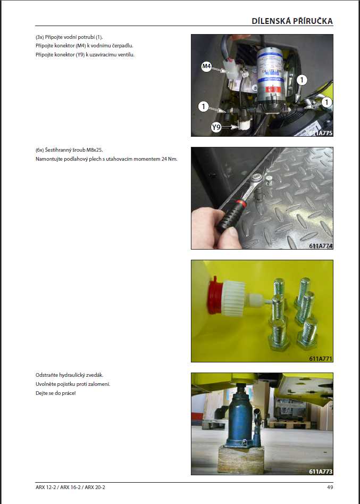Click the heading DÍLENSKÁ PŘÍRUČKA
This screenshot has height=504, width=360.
pyautogui.click(x=292, y=21)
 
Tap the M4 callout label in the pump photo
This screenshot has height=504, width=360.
pyautogui.click(x=206, y=67)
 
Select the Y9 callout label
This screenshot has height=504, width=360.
pyautogui.click(x=216, y=127)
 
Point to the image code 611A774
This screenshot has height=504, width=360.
pyautogui.click(x=321, y=246)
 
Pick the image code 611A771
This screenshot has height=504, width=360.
pyautogui.click(x=321, y=359)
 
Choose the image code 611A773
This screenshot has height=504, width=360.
pyautogui.click(x=321, y=472)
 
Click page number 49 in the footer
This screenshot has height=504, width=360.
pyautogui.click(x=330, y=488)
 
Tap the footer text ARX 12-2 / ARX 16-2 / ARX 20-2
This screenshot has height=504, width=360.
pyautogui.click(x=70, y=488)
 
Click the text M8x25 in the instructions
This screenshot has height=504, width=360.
pyautogui.click(x=95, y=150)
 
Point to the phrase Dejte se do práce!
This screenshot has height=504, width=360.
pyautogui.click(x=55, y=393)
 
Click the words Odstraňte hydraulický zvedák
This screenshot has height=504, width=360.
pyautogui.click(x=69, y=375)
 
